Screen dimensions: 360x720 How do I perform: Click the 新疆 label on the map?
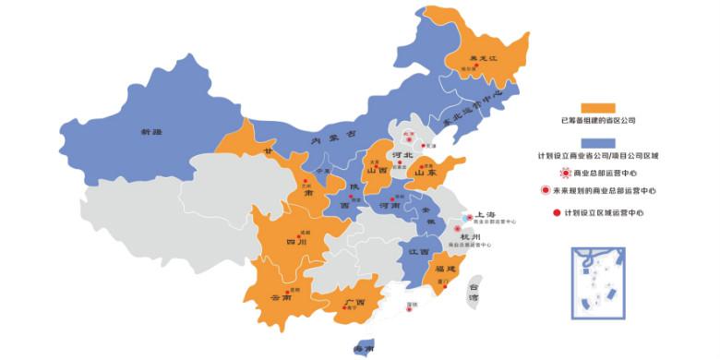click(150, 133)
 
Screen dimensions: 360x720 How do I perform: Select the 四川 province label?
click(295, 242)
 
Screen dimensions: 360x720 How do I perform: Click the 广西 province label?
click(354, 302)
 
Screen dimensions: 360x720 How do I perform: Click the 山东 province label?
click(425, 173)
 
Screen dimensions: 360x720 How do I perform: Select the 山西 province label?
click(377, 171)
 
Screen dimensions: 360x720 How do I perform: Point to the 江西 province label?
click(419, 251)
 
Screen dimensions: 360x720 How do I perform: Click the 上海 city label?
click(486, 214)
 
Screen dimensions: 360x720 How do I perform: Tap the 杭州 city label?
click(472, 236)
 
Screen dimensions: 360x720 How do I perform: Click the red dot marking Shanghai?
click(466, 219)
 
